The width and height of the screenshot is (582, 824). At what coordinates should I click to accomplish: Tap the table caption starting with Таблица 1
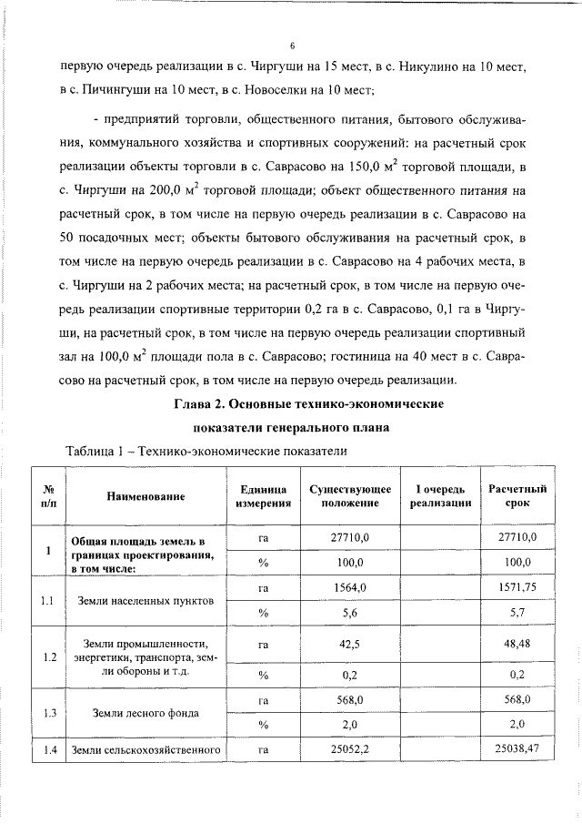(x=207, y=451)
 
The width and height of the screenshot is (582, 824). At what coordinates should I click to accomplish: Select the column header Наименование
(x=145, y=496)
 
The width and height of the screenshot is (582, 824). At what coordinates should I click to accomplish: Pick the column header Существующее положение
(x=350, y=496)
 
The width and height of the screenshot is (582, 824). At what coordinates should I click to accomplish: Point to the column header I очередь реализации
(x=440, y=496)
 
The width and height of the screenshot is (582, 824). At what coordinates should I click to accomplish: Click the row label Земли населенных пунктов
(x=145, y=601)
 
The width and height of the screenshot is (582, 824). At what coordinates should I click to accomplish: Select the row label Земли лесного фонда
(x=145, y=713)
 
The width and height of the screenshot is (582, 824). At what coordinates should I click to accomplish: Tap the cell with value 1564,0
(x=350, y=589)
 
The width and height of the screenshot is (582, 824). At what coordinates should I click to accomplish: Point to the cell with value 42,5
(x=350, y=644)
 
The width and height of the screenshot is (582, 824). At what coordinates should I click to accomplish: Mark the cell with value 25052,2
(x=350, y=750)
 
